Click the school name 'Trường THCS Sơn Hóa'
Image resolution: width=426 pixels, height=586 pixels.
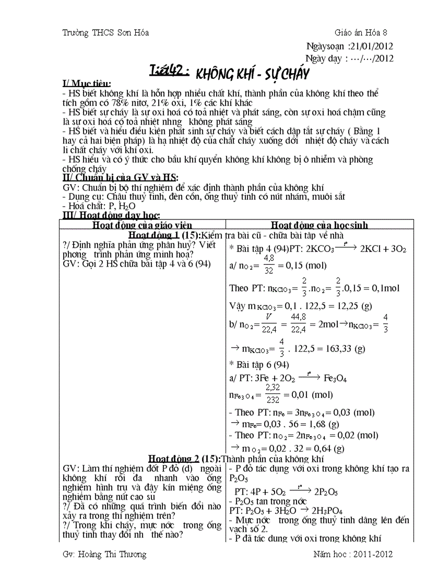coord(105,32)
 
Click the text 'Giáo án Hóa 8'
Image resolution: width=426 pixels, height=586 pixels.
coord(364,32)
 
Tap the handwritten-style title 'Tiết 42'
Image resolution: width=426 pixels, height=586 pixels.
coord(169,71)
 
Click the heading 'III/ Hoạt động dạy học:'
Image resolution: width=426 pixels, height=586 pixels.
coord(111,215)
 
